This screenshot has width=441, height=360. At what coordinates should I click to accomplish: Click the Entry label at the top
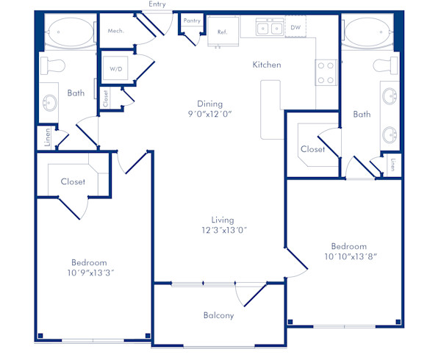(156, 4)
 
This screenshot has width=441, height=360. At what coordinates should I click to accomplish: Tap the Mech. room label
(115, 31)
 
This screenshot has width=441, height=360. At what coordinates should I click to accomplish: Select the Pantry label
(193, 21)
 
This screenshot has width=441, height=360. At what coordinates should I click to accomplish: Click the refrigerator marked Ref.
(221, 32)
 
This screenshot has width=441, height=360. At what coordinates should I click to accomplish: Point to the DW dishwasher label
(296, 28)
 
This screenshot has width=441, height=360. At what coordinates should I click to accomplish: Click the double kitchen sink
(269, 28)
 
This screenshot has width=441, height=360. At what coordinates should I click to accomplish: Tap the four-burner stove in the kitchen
(326, 71)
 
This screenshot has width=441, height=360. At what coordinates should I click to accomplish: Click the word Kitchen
(267, 65)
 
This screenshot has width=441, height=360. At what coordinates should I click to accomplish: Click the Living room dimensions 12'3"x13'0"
(223, 230)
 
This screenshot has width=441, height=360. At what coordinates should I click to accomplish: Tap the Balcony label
(218, 316)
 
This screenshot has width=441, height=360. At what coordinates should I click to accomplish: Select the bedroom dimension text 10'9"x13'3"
(90, 273)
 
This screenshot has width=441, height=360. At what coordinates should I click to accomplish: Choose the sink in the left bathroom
(50, 104)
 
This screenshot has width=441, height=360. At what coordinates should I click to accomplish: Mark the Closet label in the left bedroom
(73, 181)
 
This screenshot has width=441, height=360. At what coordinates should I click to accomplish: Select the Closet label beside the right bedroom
(312, 149)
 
